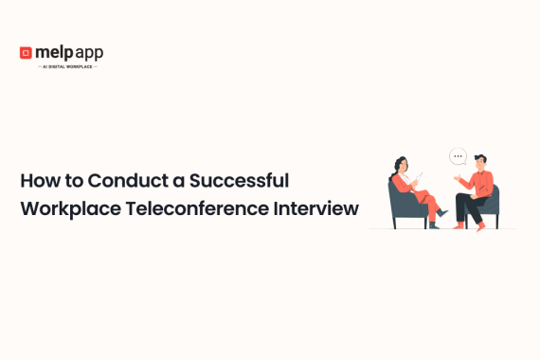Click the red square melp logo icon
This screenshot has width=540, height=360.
26,53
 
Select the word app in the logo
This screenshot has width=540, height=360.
89,53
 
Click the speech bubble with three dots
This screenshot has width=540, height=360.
459,157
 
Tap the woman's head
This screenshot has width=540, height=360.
403,165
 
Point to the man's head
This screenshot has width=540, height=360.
480,162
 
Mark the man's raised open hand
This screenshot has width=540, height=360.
457,176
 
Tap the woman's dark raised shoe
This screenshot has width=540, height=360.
442,212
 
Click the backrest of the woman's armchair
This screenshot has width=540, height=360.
395,200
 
